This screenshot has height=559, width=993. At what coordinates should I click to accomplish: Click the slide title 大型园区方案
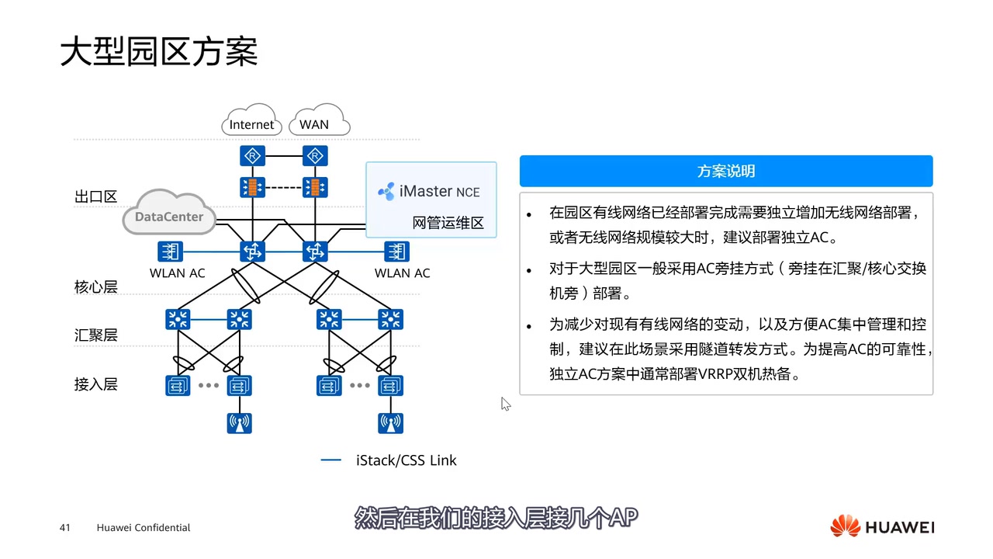click(159, 52)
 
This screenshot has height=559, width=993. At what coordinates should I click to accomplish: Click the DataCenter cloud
click(168, 217)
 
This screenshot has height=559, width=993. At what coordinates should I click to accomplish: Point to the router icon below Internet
click(252, 157)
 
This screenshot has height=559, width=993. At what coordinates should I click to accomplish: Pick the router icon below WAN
click(315, 157)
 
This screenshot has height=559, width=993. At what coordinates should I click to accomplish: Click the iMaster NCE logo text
click(429, 191)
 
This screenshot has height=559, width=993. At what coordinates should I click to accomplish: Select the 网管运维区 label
click(448, 224)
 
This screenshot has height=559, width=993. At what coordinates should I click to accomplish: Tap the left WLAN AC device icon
click(169, 251)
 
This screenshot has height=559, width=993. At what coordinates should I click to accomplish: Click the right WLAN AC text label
click(402, 273)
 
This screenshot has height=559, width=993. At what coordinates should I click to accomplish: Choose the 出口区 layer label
click(95, 196)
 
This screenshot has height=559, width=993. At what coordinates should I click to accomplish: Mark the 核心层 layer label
click(95, 286)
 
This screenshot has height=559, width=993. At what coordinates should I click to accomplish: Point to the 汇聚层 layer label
click(95, 335)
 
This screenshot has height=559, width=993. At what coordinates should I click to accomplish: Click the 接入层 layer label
click(95, 384)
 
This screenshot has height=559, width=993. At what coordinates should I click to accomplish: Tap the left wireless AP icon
click(240, 423)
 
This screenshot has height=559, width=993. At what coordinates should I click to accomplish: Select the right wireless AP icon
click(390, 423)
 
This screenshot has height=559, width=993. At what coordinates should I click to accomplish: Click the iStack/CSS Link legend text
click(406, 460)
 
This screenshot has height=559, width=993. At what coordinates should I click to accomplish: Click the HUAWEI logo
click(882, 527)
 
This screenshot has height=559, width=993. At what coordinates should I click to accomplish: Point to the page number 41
click(65, 528)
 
